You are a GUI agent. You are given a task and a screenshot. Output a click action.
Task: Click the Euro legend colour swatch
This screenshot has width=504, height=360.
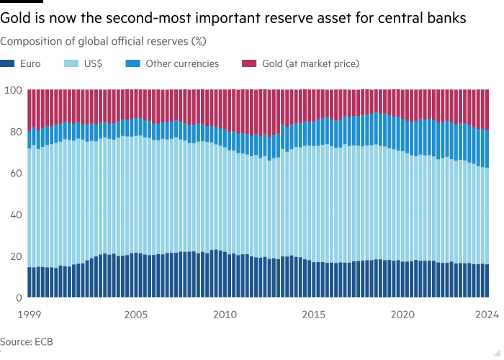click(x=9, y=63)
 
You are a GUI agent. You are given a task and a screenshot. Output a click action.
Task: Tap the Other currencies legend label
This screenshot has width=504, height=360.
click(x=182, y=63)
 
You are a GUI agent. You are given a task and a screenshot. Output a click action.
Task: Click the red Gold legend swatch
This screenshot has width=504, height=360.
click(x=246, y=63)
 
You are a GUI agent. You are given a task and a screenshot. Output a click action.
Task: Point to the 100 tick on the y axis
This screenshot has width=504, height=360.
click(x=13, y=90)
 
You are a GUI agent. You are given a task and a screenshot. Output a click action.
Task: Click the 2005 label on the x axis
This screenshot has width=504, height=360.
click(x=137, y=314)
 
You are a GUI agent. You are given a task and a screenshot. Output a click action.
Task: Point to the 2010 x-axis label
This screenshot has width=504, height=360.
click(x=225, y=314)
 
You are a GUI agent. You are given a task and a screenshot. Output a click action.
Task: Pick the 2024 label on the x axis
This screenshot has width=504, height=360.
click(x=487, y=314)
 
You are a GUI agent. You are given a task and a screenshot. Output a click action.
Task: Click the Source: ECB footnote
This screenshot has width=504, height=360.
click(x=27, y=341)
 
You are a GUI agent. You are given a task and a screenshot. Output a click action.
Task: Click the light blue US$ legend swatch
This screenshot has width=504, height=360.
click(x=73, y=63)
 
